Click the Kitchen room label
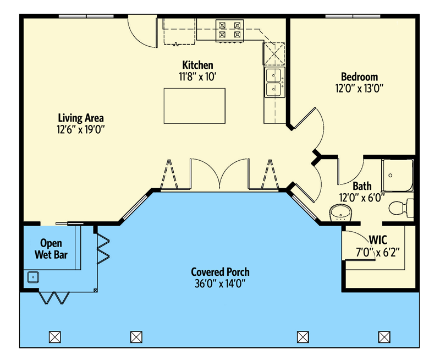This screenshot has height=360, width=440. coord(197,66)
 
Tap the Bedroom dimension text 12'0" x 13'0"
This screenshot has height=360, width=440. coord(359,88)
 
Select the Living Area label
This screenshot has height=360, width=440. coord(81,118)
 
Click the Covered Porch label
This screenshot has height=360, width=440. coord(220,272)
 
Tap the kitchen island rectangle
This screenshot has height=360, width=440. coord(195,106)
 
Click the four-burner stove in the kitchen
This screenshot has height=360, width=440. coord(230,30)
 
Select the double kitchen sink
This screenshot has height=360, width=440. coord(274,81)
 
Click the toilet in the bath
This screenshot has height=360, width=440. coord(399,208)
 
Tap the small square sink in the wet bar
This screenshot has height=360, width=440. coord(32,277)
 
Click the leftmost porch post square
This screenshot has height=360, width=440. coord(54,336)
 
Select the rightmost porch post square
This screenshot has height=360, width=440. coord(384,336)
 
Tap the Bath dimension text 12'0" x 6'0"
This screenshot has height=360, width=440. coord(361,197)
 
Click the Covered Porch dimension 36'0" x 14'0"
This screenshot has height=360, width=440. coord(220,284)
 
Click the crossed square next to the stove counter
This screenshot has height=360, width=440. coord(273,53)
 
